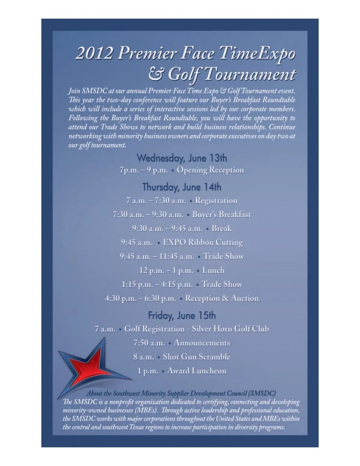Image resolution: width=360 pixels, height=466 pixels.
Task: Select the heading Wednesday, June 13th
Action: [x=182, y=158]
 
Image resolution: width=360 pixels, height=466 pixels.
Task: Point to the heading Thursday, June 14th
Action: [x=182, y=187]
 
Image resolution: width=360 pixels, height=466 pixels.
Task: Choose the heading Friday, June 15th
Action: [x=182, y=315]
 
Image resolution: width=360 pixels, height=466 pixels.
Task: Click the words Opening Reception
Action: [x=210, y=170]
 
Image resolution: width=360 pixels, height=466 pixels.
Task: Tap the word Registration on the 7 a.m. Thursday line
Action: [x=216, y=200]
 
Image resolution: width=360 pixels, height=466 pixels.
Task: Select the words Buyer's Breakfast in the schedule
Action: [x=221, y=214]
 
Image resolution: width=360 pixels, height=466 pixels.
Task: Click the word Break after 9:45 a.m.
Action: [x=222, y=229]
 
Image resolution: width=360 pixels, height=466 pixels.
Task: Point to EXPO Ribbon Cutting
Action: [x=203, y=242]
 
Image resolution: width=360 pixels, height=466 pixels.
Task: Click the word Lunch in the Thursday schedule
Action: [x=213, y=270]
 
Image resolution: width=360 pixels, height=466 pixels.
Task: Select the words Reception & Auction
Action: [x=222, y=298]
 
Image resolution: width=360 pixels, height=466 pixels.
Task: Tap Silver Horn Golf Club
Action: [x=230, y=329]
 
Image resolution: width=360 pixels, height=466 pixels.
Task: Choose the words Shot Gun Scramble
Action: [x=196, y=357]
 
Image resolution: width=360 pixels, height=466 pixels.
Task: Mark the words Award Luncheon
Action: [x=196, y=371]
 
